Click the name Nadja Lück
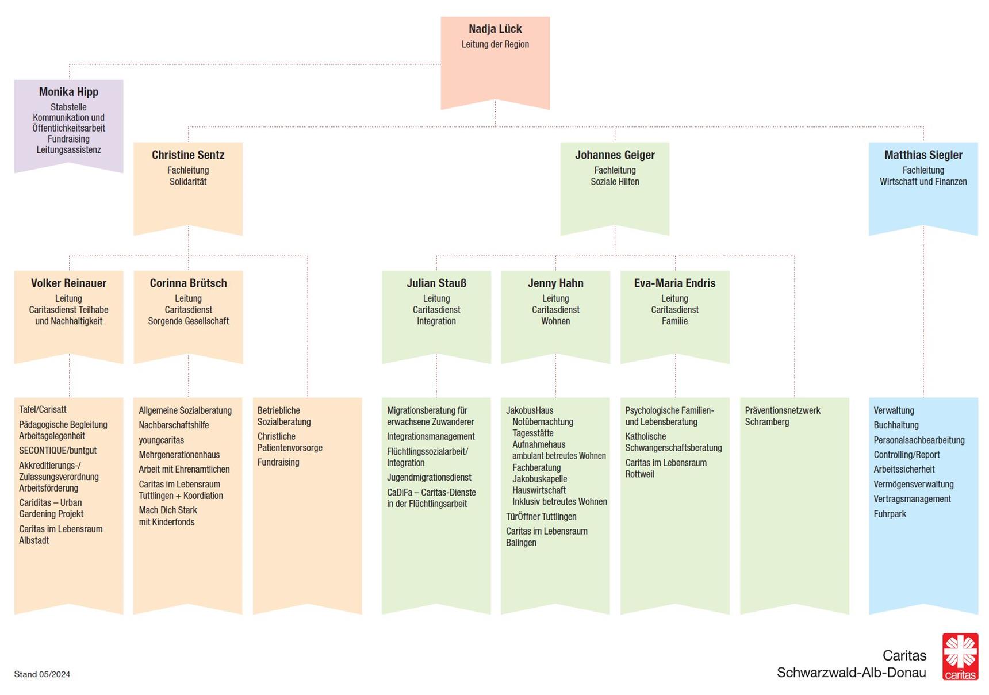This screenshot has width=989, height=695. click(495, 29)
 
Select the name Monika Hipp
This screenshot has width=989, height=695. click(68, 92)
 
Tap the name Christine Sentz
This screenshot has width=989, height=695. click(188, 155)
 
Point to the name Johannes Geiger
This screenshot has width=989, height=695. click(615, 155)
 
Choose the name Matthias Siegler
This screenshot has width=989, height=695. click(923, 155)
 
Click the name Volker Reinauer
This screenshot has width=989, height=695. click(68, 283)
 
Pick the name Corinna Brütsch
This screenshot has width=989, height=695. click(188, 283)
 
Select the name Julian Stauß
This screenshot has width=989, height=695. click(436, 283)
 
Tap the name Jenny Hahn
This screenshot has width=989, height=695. click(555, 283)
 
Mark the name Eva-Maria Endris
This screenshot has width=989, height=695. click(674, 283)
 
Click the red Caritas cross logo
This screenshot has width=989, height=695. click(960, 656)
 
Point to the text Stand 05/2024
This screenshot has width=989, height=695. click(42, 674)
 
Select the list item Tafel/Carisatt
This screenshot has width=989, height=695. click(43, 409)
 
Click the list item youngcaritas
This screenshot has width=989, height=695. click(161, 440)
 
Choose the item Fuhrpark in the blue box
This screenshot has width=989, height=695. click(890, 514)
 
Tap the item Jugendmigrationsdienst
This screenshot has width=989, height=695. click(429, 477)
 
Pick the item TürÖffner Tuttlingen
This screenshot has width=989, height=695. click(541, 516)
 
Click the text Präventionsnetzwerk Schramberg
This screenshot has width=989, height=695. click(782, 416)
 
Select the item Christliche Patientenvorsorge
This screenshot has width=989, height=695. click(290, 441)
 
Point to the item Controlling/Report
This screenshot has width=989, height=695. click(906, 454)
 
